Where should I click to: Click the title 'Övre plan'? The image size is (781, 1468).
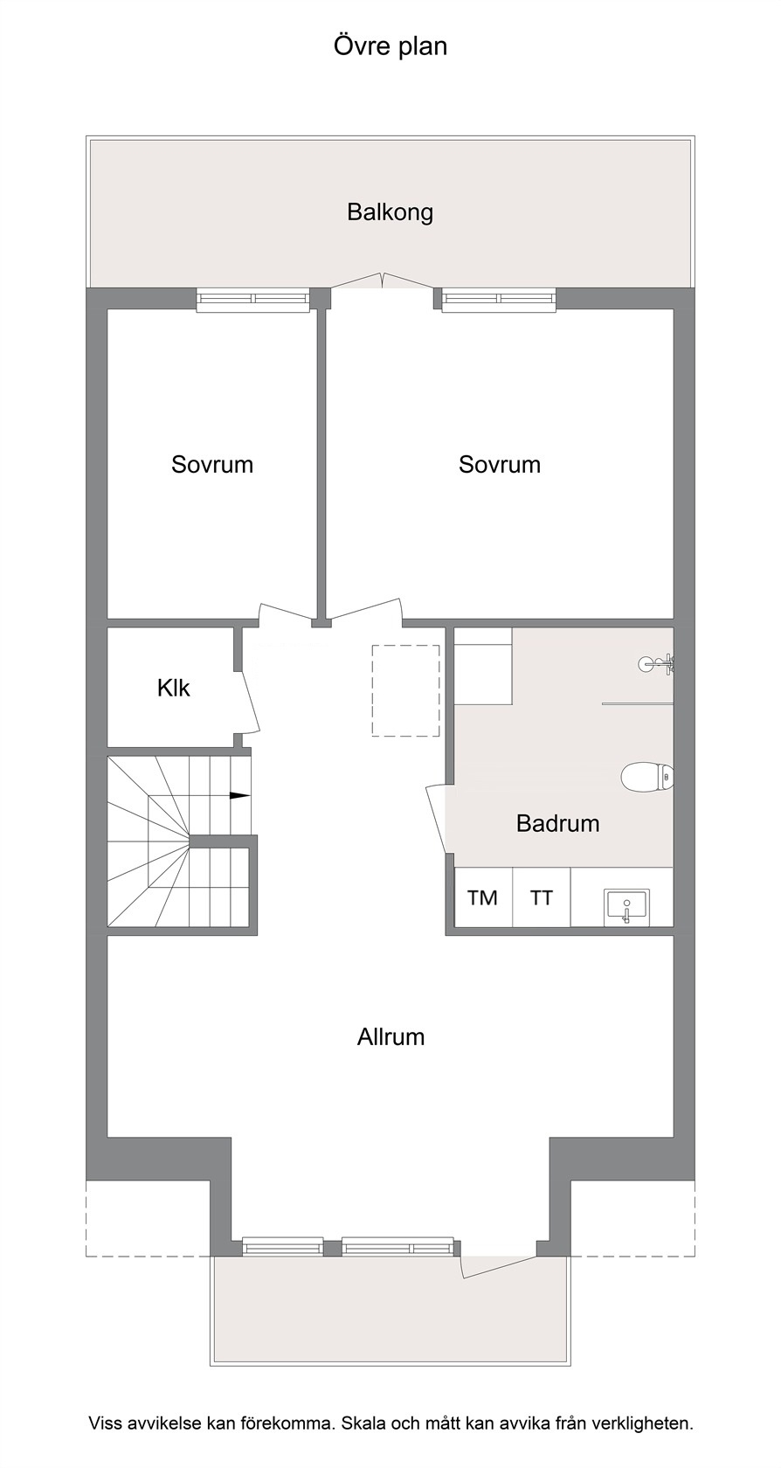[390, 46]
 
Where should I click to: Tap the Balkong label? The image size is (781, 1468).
[390, 212]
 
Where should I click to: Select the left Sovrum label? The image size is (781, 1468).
[212, 464]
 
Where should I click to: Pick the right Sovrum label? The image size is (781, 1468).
[500, 464]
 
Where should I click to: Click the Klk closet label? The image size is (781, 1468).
[174, 688]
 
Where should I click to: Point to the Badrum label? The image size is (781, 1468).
[557, 823]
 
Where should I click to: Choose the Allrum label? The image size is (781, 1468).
[390, 1036]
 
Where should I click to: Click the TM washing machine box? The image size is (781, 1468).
[484, 897]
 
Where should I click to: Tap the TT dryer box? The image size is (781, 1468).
[542, 897]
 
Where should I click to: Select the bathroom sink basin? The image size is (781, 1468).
[627, 905]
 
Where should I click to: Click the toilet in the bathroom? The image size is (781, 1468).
[647, 778]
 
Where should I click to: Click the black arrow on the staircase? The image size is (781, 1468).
[239, 796]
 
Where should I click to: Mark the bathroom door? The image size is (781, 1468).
[437, 820]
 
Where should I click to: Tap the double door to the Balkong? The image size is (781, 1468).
[383, 281]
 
